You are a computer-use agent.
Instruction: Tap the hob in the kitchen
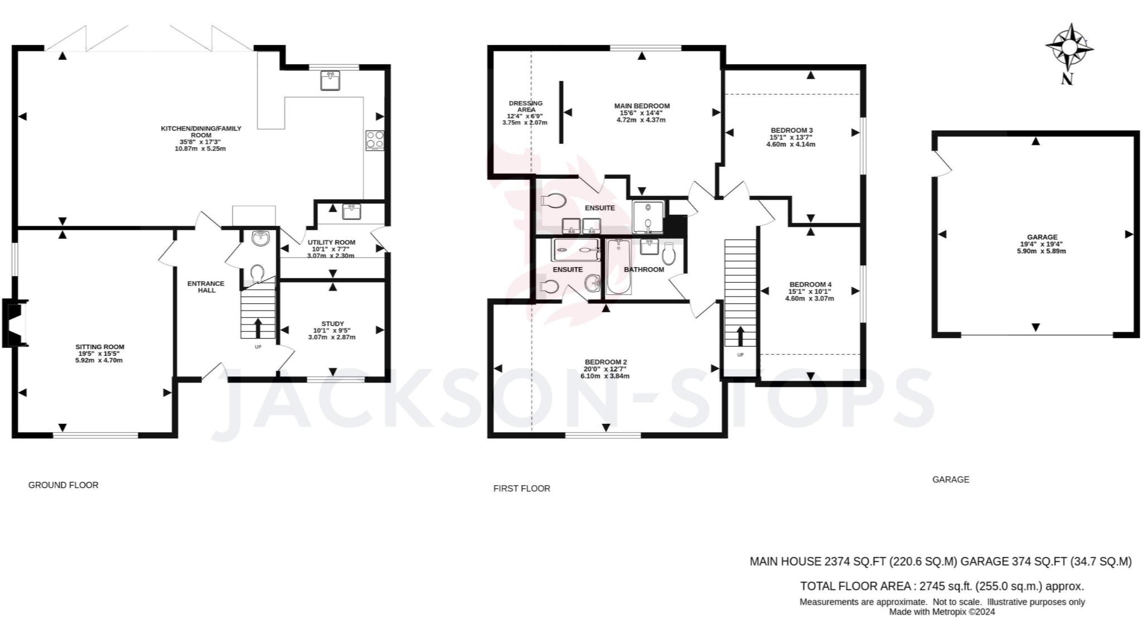(x=375, y=140)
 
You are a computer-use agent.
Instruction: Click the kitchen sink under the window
(x=331, y=80)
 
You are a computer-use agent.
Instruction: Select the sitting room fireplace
(x=15, y=323)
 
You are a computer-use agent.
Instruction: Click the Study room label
(x=332, y=323)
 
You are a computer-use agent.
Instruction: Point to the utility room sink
(x=352, y=211)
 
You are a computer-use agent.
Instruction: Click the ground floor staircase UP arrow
(x=258, y=328)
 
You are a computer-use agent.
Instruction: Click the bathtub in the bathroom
(x=618, y=267)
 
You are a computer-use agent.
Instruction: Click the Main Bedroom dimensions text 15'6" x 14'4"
(x=641, y=113)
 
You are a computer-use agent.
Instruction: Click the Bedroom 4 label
(x=810, y=284)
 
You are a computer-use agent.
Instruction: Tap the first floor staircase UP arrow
(x=741, y=336)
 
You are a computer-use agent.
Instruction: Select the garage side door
(x=942, y=164)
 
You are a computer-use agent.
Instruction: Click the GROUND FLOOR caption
(x=63, y=485)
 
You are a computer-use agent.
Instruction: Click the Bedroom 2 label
(x=606, y=361)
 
